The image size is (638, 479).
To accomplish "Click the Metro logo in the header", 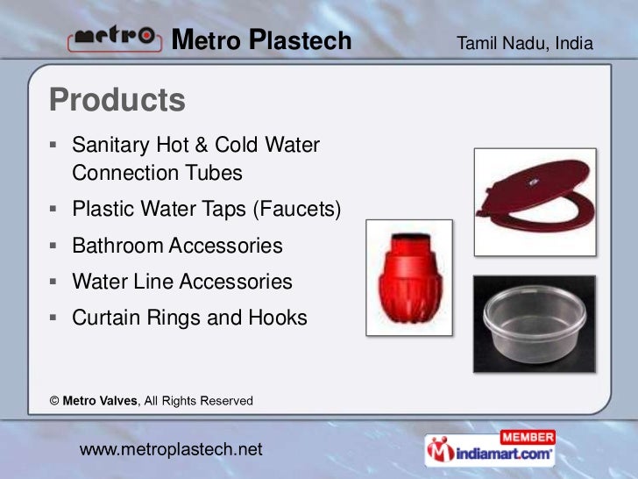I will point(113,39).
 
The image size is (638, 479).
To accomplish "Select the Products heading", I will point(117,100).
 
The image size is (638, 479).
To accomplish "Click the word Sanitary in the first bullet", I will point(108,143).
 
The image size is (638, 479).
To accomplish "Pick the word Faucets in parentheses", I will point(296,210).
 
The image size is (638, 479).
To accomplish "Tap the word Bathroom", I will point(117,246).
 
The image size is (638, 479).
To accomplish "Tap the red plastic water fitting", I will point(408,280).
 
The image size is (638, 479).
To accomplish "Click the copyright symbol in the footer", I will point(54,401).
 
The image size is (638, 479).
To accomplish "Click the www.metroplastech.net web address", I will point(171,450).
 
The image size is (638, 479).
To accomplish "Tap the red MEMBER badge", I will point(527,437).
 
